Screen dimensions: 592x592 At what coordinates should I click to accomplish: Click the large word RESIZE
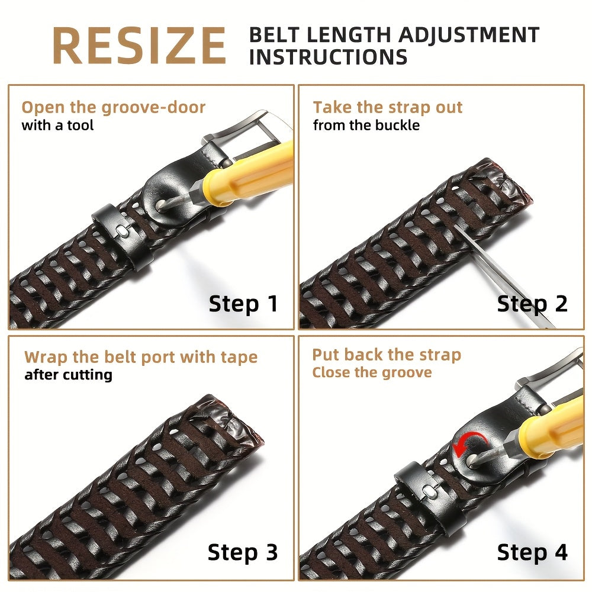tap(139, 45)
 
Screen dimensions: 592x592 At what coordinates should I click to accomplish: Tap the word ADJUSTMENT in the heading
tap(469, 35)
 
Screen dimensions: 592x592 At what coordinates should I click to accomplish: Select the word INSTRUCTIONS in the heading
tap(328, 57)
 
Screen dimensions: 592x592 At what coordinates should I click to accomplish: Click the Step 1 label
tap(243, 304)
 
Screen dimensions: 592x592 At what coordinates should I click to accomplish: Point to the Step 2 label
tap(532, 304)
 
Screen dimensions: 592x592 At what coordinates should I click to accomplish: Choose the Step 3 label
tap(243, 552)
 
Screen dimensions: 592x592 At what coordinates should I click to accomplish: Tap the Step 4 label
tap(532, 552)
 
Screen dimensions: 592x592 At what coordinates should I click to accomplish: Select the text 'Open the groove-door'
tap(113, 108)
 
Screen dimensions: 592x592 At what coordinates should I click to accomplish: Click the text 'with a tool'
tap(57, 125)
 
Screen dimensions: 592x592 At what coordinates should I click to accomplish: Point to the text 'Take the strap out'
tap(388, 108)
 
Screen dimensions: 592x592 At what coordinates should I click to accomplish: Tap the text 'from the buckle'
tap(366, 125)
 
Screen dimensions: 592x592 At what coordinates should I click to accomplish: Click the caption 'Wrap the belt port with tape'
tap(141, 357)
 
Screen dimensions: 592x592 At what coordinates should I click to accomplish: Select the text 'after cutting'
tap(68, 375)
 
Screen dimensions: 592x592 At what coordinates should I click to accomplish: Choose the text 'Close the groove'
tap(372, 372)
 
